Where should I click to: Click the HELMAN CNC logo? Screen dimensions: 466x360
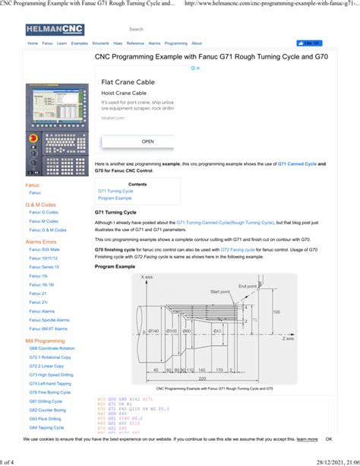tap(55, 30)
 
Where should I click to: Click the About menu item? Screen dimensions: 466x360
tap(197, 43)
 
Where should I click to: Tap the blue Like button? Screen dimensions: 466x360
tap(308, 43)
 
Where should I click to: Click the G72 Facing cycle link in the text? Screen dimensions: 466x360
tap(237, 249)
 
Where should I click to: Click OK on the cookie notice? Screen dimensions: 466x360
tap(329, 439)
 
